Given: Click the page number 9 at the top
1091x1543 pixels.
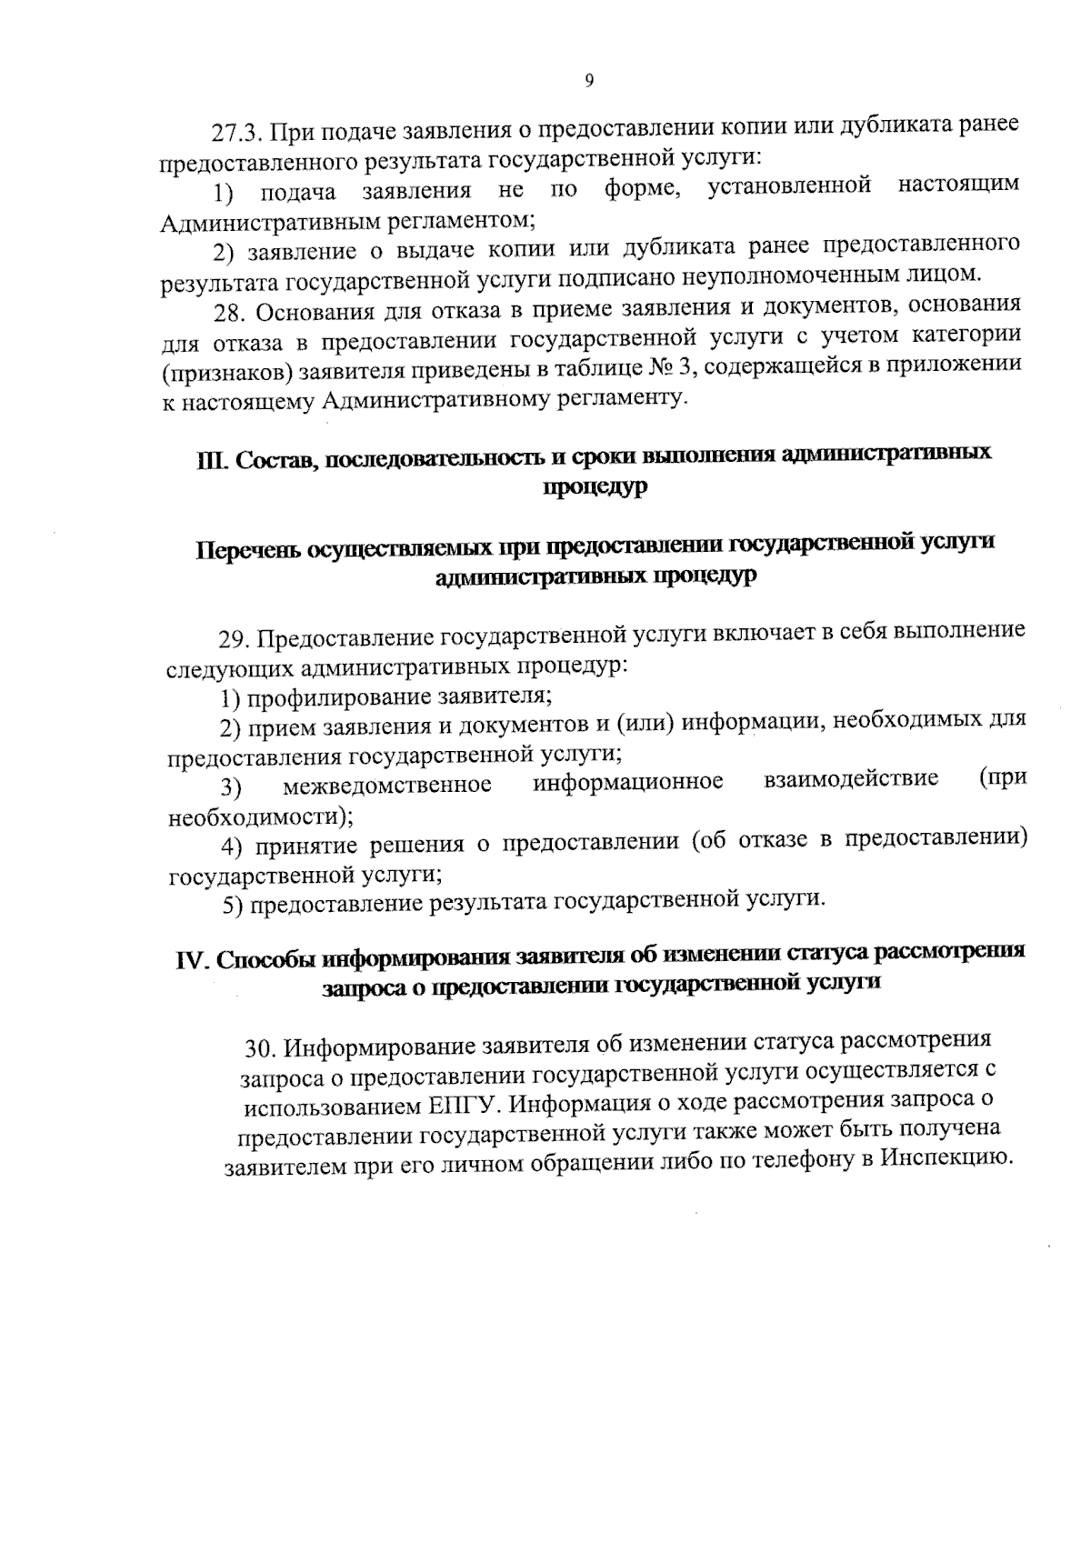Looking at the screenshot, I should click(588, 83).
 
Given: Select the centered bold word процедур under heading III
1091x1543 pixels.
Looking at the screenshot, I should click(596, 487).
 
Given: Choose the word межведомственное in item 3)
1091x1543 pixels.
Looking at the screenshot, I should click(387, 783).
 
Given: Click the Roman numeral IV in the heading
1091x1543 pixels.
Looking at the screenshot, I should click(193, 961).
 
